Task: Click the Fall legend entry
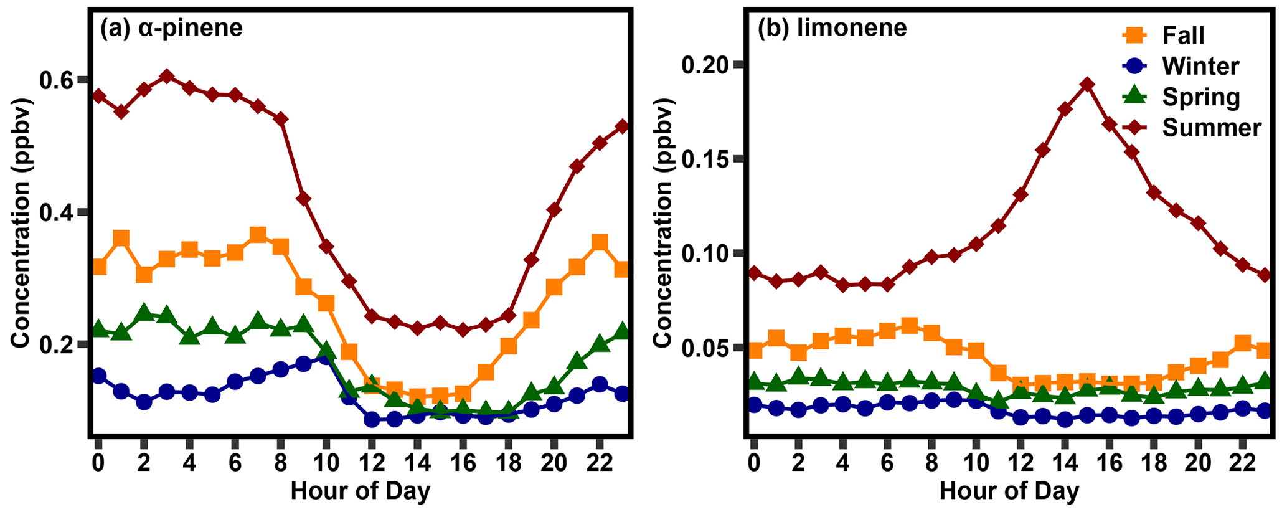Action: [x=1182, y=36]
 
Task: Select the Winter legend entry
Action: [x=1200, y=66]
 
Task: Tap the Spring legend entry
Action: [x=1200, y=97]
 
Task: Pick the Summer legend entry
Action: [x=1211, y=127]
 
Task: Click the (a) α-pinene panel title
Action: [x=171, y=28]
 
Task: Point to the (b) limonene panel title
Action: [x=832, y=28]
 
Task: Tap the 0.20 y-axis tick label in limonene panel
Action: [x=707, y=65]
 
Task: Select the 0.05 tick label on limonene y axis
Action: [x=707, y=348]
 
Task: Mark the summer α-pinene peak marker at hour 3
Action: [x=166, y=77]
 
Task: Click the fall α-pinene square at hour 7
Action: [x=258, y=235]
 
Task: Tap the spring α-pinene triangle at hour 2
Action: [x=144, y=312]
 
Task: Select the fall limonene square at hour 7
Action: [x=909, y=326]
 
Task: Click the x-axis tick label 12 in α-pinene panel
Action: [x=371, y=463]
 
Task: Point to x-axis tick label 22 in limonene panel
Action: [x=1242, y=463]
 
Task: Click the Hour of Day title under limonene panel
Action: [x=1009, y=491]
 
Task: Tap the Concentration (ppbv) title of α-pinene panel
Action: [x=20, y=222]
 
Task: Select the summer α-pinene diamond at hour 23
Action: [x=621, y=126]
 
